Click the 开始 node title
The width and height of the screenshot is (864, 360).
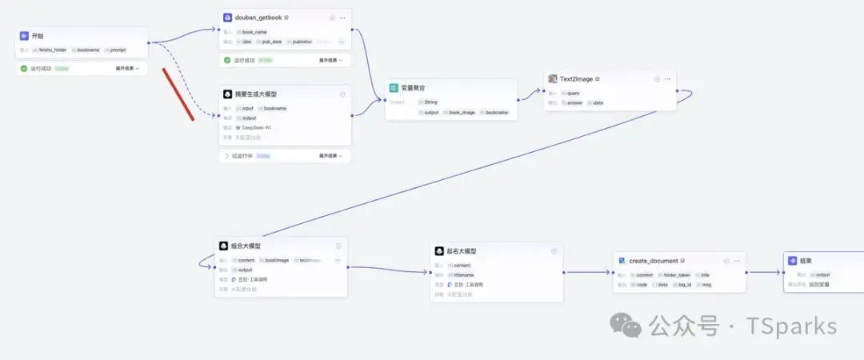pos(38,36)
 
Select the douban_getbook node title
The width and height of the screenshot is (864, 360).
pos(258,17)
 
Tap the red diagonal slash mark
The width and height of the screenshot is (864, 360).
pos(178,94)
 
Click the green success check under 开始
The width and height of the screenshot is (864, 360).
pos(24,69)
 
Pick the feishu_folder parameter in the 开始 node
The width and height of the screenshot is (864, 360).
pos(53,50)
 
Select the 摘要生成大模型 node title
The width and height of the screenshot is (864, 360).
pos(260,94)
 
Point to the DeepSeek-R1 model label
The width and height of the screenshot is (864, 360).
pos(256,127)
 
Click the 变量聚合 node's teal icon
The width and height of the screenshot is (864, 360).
pos(394,87)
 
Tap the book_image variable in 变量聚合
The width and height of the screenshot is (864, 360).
pos(462,112)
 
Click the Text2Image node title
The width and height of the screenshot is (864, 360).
pos(575,79)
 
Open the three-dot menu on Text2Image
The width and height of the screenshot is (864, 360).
pos(667,79)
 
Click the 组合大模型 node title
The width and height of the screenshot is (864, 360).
pos(246,246)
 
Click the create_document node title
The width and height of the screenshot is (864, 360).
pos(654,261)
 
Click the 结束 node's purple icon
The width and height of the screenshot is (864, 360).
pos(792,261)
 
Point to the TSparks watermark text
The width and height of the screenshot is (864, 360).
pos(791,326)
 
